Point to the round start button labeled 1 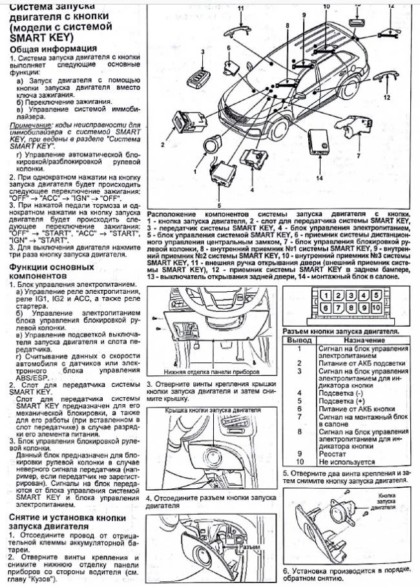coord(211,147)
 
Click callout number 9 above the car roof coord(302,15)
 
